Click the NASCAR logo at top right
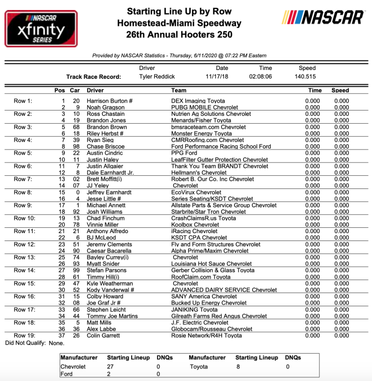(x=322, y=17)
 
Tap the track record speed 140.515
(x=306, y=77)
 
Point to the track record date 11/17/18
(x=222, y=77)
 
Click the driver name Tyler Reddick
(x=156, y=77)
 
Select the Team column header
(x=179, y=91)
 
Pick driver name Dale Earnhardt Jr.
(x=113, y=173)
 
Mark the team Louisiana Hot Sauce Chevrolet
(x=211, y=264)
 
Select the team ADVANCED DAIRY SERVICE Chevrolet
(x=224, y=290)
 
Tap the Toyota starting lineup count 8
(x=238, y=366)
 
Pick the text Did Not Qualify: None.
(x=34, y=343)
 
